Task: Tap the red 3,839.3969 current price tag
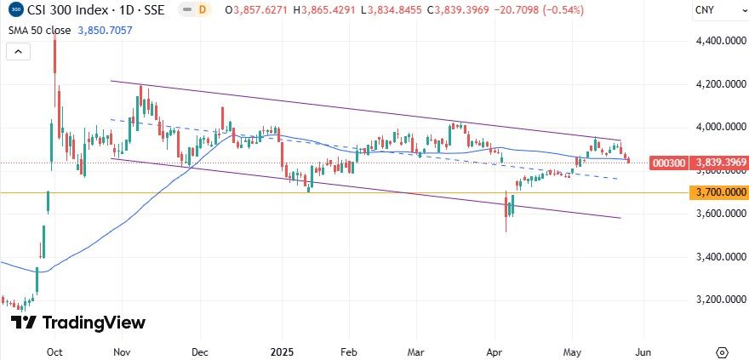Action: point(721,163)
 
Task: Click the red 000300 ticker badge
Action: point(666,163)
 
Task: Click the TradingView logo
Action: point(78,323)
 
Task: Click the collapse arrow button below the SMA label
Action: point(16,51)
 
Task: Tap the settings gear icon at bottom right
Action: point(722,351)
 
